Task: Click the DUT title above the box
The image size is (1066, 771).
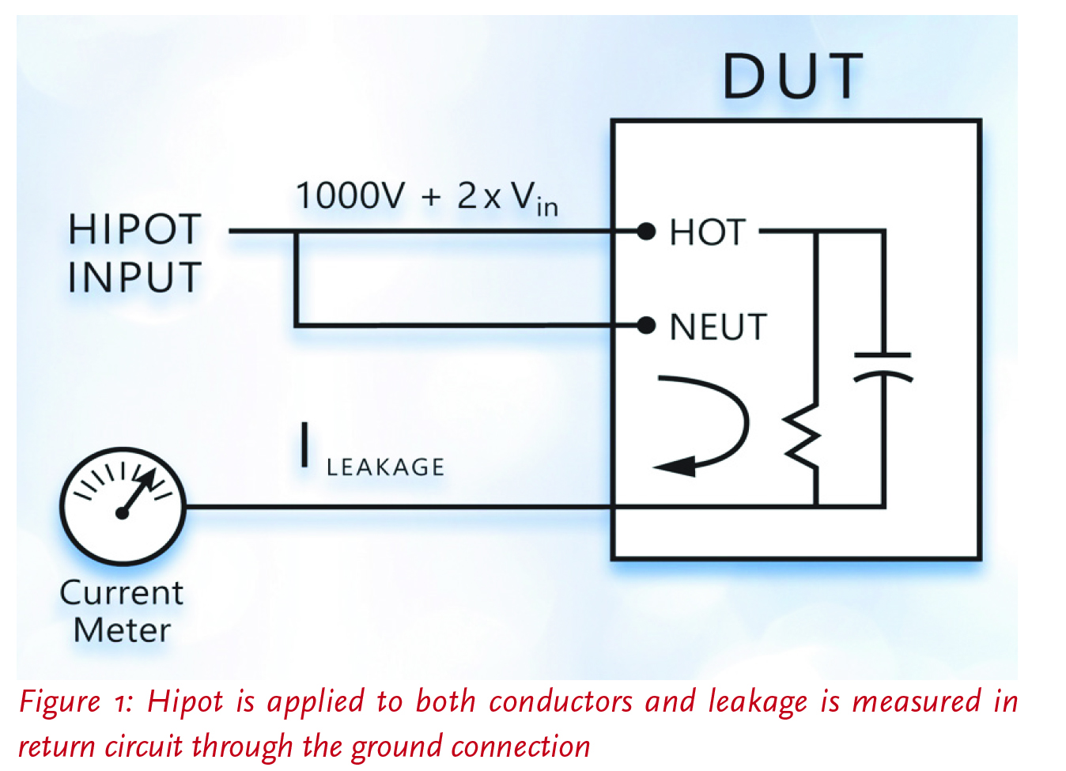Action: point(793,77)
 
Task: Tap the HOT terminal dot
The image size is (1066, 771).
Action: point(647,232)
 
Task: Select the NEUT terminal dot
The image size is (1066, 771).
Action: point(647,325)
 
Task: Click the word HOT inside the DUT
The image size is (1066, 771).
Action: point(707,232)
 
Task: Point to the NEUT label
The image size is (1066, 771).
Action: point(718,327)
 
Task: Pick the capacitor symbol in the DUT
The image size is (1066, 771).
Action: point(883,366)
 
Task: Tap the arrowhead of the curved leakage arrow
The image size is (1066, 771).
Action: point(675,466)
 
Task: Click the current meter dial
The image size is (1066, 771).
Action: point(123,507)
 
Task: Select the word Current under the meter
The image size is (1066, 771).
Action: point(121,593)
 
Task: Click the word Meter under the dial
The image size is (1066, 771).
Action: point(122,631)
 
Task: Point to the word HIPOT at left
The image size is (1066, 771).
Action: point(134,230)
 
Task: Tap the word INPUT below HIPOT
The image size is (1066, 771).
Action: point(134,278)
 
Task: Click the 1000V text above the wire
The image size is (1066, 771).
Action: point(350,195)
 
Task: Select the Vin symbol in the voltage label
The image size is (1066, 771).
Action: point(534,198)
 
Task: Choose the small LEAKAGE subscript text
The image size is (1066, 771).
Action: point(385,467)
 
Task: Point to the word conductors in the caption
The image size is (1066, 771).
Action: point(561,702)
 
